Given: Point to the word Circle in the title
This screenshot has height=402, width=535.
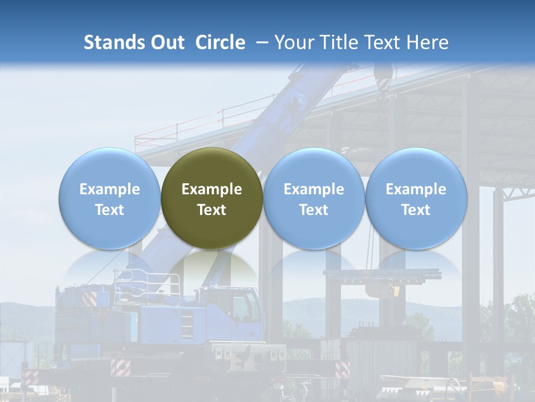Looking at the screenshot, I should point(220,42).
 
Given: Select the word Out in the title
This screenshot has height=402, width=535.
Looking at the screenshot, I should point(166,42).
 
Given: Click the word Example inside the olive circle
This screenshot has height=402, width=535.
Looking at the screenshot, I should point(212,189).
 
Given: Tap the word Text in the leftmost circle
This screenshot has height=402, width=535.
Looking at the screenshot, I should point(109,210).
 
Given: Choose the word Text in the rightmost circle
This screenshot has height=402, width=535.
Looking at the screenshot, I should point(416,210).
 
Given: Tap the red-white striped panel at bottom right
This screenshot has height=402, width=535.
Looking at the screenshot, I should point(342,369).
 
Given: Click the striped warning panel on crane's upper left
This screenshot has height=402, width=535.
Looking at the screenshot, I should point(89,299).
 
